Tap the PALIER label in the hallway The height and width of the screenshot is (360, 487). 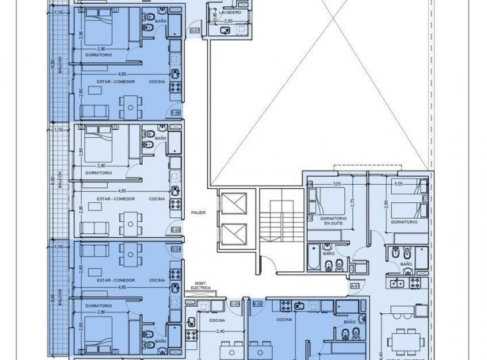click(x=198, y=212)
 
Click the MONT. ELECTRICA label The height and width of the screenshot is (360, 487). click(x=201, y=287)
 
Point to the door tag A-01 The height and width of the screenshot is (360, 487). click(x=354, y=286)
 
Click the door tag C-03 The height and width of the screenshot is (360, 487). click(x=235, y=304)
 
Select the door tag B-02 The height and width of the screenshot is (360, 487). click(x=257, y=304)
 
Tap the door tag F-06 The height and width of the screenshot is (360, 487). click(x=176, y=112)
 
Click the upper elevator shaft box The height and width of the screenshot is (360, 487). click(x=232, y=204)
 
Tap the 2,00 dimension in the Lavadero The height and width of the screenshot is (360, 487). click(x=229, y=21)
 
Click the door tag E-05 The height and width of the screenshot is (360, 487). click(x=176, y=230)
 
